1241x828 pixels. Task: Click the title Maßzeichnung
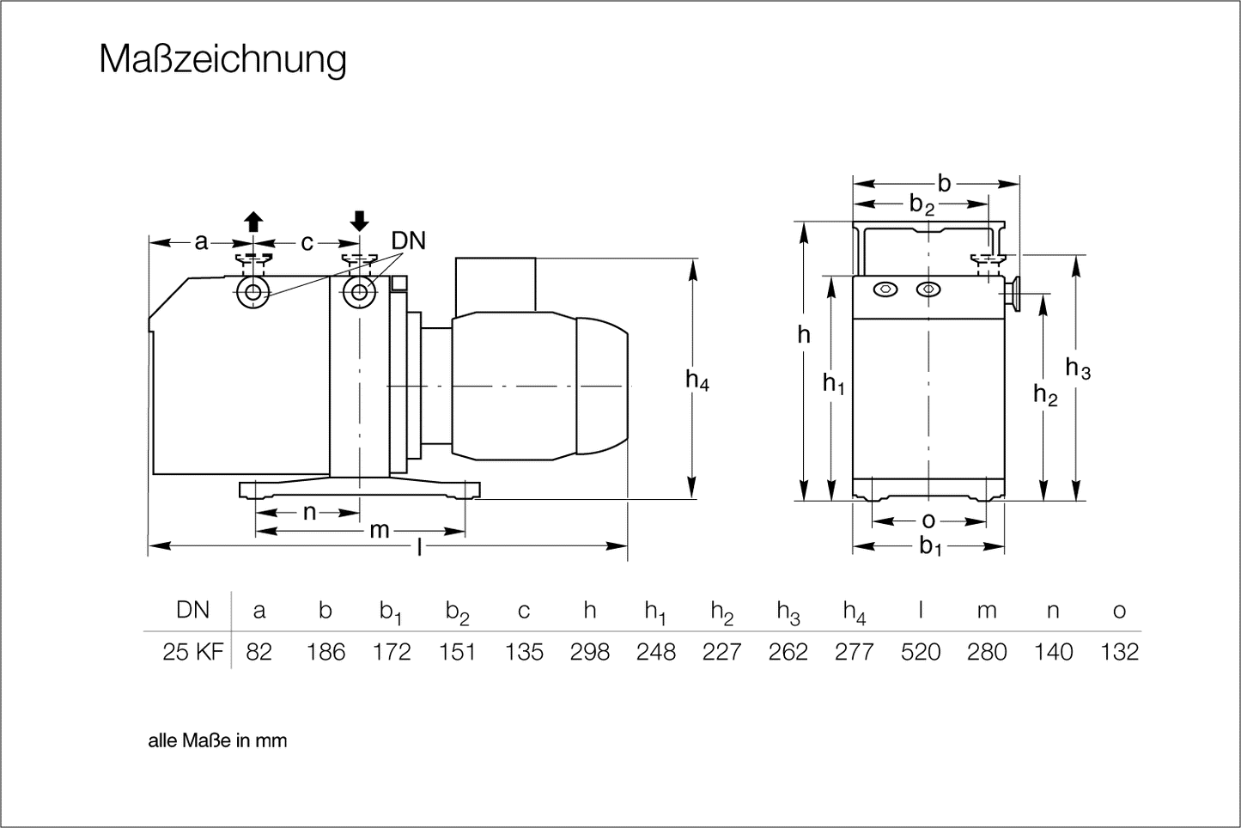pyautogui.click(x=222, y=60)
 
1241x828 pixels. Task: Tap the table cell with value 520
pyautogui.click(x=921, y=652)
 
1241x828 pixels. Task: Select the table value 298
pyautogui.click(x=590, y=652)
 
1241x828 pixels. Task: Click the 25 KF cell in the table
pyautogui.click(x=192, y=652)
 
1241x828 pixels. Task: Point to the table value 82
pyautogui.click(x=259, y=652)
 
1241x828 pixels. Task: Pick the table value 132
pyautogui.click(x=1119, y=652)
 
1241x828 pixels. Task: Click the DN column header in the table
pyautogui.click(x=192, y=610)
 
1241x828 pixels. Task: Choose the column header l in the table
pyautogui.click(x=921, y=610)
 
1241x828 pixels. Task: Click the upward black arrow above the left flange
pyautogui.click(x=252, y=221)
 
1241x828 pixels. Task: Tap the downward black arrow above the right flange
pyautogui.click(x=360, y=221)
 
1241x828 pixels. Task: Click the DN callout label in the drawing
pyautogui.click(x=409, y=241)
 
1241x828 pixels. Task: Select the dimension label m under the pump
pyautogui.click(x=380, y=531)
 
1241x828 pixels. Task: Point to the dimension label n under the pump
pyautogui.click(x=310, y=513)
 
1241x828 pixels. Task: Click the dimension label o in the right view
pyautogui.click(x=928, y=521)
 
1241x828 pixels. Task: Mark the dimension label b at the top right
pyautogui.click(x=945, y=183)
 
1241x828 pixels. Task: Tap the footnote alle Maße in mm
pyautogui.click(x=217, y=740)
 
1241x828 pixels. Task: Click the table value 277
pyautogui.click(x=855, y=652)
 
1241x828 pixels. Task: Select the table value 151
pyautogui.click(x=457, y=652)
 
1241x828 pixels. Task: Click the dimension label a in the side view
pyautogui.click(x=201, y=242)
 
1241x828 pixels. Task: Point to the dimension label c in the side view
pyautogui.click(x=307, y=243)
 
